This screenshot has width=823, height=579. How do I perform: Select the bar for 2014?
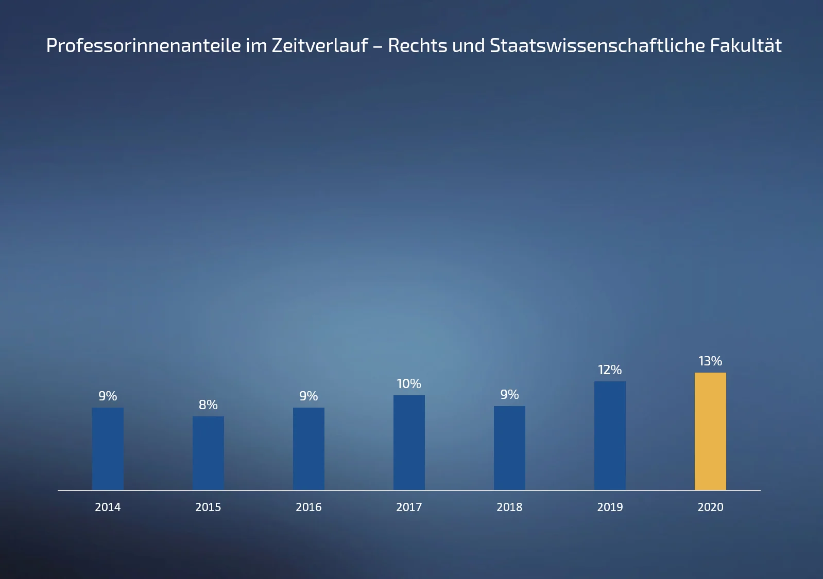click(x=108, y=448)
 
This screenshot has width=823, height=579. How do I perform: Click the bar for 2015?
click(x=208, y=453)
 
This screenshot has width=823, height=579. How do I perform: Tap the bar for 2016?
click(x=308, y=448)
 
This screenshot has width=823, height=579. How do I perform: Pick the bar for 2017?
click(x=409, y=442)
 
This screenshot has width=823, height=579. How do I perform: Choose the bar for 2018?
click(x=509, y=448)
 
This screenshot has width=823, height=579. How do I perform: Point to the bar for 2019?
click(x=610, y=435)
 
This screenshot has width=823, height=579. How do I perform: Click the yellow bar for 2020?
click(x=710, y=431)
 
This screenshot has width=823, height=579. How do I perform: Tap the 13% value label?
click(x=710, y=361)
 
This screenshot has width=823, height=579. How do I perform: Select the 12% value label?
click(x=610, y=370)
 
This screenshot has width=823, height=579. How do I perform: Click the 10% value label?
click(x=409, y=384)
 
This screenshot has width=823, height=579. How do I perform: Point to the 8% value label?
click(x=208, y=405)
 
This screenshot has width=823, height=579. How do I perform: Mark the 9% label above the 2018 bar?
click(x=509, y=395)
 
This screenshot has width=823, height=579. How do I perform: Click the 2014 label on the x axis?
click(x=108, y=507)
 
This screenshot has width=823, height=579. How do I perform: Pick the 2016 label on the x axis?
click(x=308, y=507)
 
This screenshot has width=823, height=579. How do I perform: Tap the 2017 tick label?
click(x=409, y=507)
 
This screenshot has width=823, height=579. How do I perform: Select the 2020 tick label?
click(x=710, y=507)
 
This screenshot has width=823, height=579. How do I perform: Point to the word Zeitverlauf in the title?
click(x=319, y=46)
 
